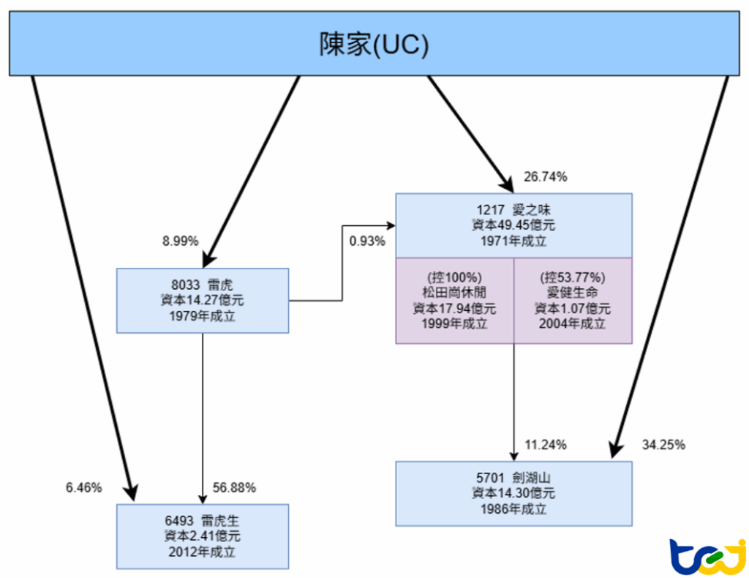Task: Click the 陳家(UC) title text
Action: (374, 44)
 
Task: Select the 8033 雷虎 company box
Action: (203, 300)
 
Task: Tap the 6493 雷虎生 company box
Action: (203, 536)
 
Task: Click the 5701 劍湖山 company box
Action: (513, 493)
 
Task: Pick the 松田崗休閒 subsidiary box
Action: (454, 300)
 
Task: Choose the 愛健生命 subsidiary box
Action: (573, 300)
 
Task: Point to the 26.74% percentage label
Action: (546, 177)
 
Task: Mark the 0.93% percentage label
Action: (367, 241)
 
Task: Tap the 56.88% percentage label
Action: (234, 488)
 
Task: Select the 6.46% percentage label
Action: (83, 488)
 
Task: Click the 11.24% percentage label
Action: (545, 444)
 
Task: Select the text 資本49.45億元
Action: (513, 225)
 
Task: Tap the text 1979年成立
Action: (203, 317)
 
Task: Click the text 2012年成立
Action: (203, 552)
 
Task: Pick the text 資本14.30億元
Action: (513, 493)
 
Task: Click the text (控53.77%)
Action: (573, 277)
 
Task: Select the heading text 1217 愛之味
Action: (513, 209)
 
